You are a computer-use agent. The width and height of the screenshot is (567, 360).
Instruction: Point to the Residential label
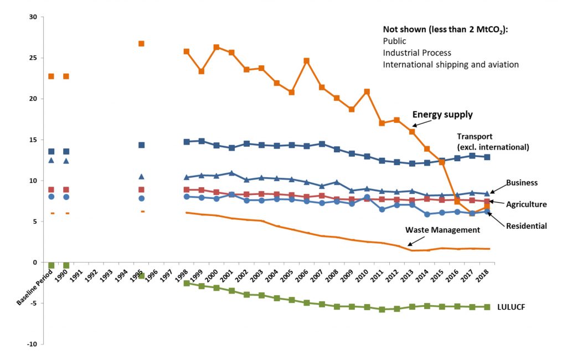pyautogui.click(x=526, y=225)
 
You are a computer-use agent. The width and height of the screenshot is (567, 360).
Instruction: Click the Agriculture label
pyautogui.click(x=526, y=204)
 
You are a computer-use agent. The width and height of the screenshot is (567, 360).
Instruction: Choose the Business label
pyautogui.click(x=522, y=182)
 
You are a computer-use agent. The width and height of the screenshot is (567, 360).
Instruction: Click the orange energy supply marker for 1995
pyautogui.click(x=141, y=43)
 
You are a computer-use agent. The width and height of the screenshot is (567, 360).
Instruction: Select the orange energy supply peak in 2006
pyautogui.click(x=306, y=61)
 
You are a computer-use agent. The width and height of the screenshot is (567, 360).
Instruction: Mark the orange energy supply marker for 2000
pyautogui.click(x=217, y=48)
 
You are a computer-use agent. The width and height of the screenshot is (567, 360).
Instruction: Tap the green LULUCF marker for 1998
pyautogui.click(x=187, y=284)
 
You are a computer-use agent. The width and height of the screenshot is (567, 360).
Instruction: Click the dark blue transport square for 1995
pyautogui.click(x=141, y=145)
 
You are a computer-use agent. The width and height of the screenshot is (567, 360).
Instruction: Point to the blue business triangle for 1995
pyautogui.click(x=141, y=177)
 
